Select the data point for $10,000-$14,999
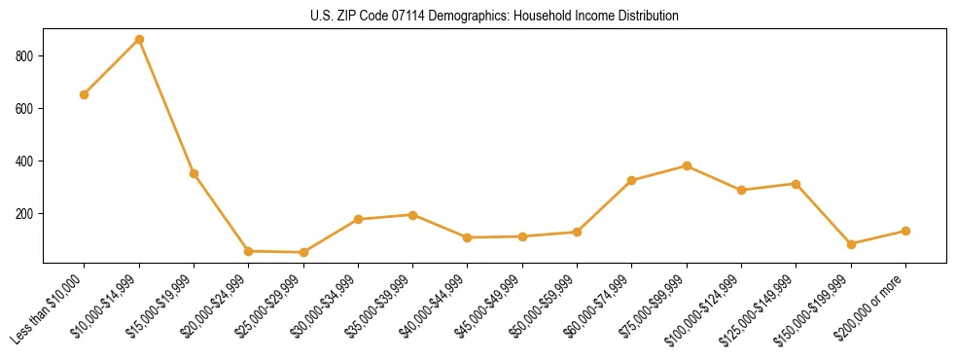point(139,39)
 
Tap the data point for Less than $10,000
point(85,94)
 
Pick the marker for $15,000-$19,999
point(195,173)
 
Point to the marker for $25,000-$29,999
point(303,252)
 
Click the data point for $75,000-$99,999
point(687,165)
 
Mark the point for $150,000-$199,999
point(851,244)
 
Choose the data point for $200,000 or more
point(905,231)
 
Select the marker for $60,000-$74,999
point(632,180)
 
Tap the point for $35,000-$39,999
point(413,214)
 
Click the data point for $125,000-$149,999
point(796,184)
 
